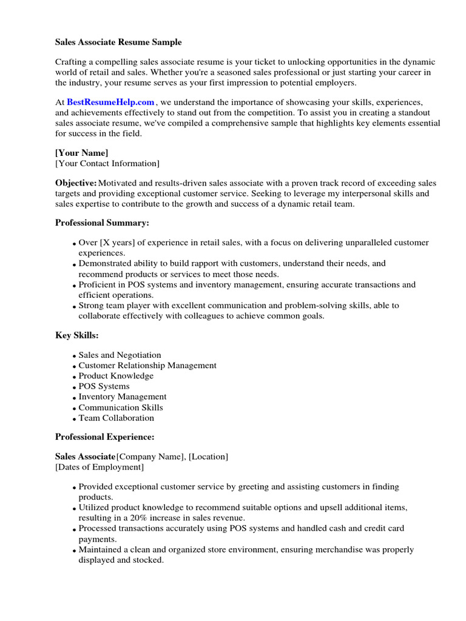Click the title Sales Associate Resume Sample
tap(118, 42)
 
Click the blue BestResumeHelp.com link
tap(110, 102)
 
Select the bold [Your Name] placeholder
tap(81, 153)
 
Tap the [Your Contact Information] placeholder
tap(107, 164)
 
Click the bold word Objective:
tap(76, 183)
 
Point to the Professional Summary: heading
tap(102, 223)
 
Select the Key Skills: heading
tap(77, 335)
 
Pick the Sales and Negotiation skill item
tap(120, 355)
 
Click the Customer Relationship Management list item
tap(147, 366)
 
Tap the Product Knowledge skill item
tap(116, 376)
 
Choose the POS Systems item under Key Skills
tap(104, 386)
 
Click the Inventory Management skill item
tap(123, 397)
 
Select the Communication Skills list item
tap(121, 408)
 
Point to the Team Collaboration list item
tap(116, 418)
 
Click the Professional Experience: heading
tap(105, 437)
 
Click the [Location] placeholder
tap(209, 457)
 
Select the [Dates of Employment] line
tap(100, 467)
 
